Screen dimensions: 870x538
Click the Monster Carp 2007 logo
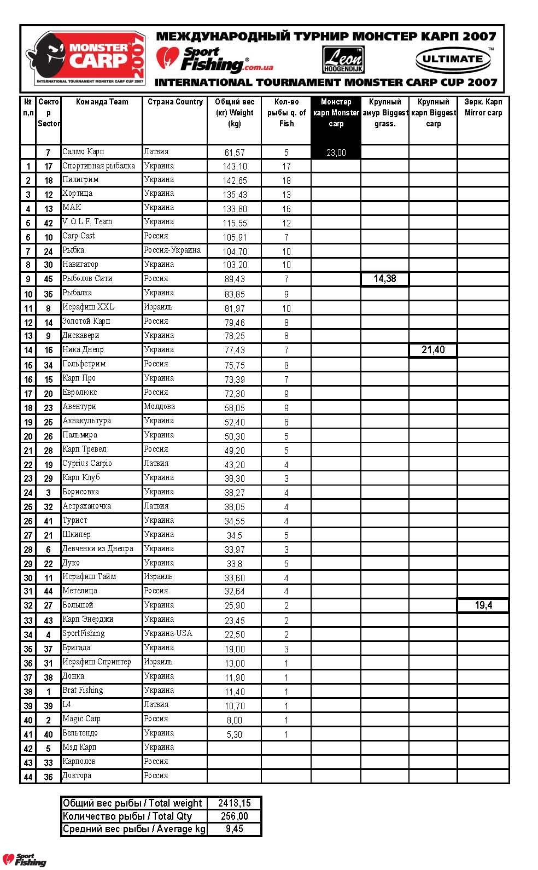coord(85,57)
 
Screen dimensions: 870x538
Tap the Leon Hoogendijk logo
coord(342,60)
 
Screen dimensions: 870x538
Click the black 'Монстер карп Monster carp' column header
coord(336,113)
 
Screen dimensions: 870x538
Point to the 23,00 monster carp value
coord(336,153)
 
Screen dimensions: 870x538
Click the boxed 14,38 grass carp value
coord(384,279)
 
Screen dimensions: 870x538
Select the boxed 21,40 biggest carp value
coord(433,350)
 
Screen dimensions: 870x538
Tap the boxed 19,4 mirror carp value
coord(483,605)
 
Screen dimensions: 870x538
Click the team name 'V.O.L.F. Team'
coord(87,221)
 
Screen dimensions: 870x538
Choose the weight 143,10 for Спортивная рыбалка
coord(235,166)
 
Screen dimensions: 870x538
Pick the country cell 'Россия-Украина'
coord(172,250)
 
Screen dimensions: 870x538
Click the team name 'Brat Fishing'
coord(83,690)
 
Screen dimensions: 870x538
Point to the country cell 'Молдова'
coord(160,406)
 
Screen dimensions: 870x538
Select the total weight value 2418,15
coord(235,803)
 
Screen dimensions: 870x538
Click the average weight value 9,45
coord(235,829)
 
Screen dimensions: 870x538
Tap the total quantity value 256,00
coord(235,816)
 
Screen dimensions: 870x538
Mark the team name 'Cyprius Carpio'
coord(87,463)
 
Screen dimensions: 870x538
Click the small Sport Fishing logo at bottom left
coord(25,860)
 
